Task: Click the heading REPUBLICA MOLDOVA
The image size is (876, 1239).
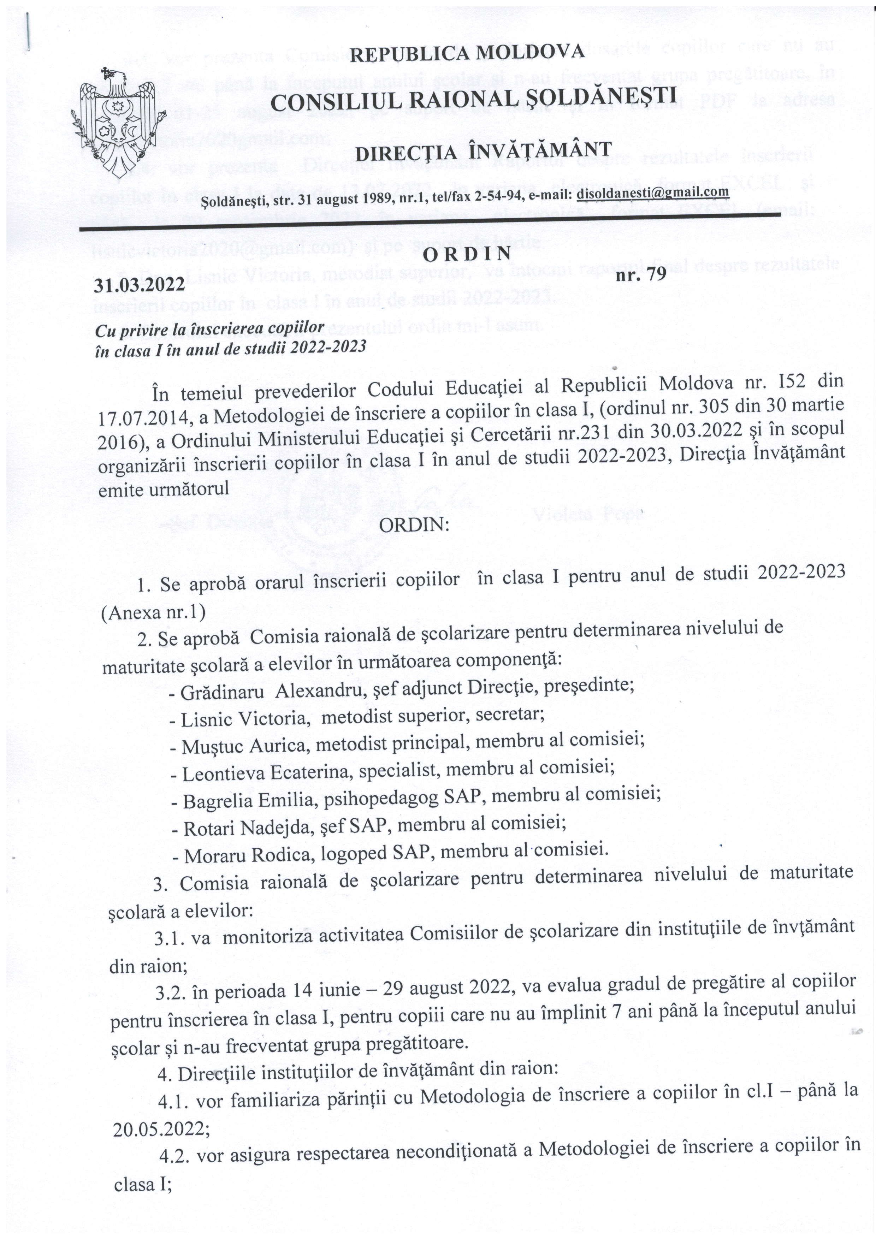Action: pyautogui.click(x=467, y=53)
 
